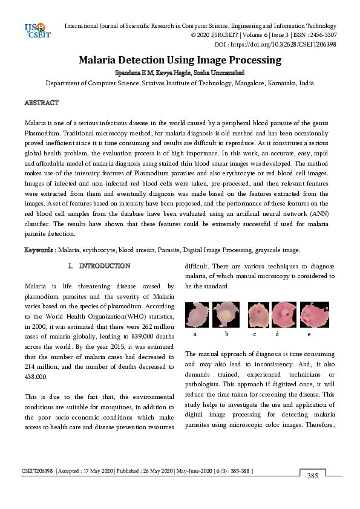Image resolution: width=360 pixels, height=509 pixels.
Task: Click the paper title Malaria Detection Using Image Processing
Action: pos(180,60)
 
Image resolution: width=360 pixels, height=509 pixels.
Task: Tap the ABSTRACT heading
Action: pos(41,103)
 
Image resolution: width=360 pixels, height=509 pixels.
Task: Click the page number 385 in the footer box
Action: pos(313,476)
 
